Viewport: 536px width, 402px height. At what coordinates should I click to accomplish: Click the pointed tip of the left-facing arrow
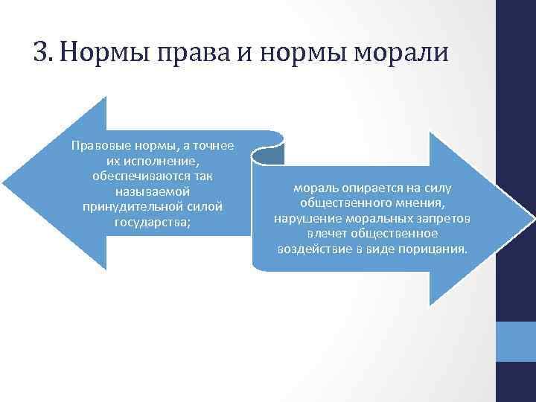[4, 182]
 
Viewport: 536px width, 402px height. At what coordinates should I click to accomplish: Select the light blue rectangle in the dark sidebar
[516, 342]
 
